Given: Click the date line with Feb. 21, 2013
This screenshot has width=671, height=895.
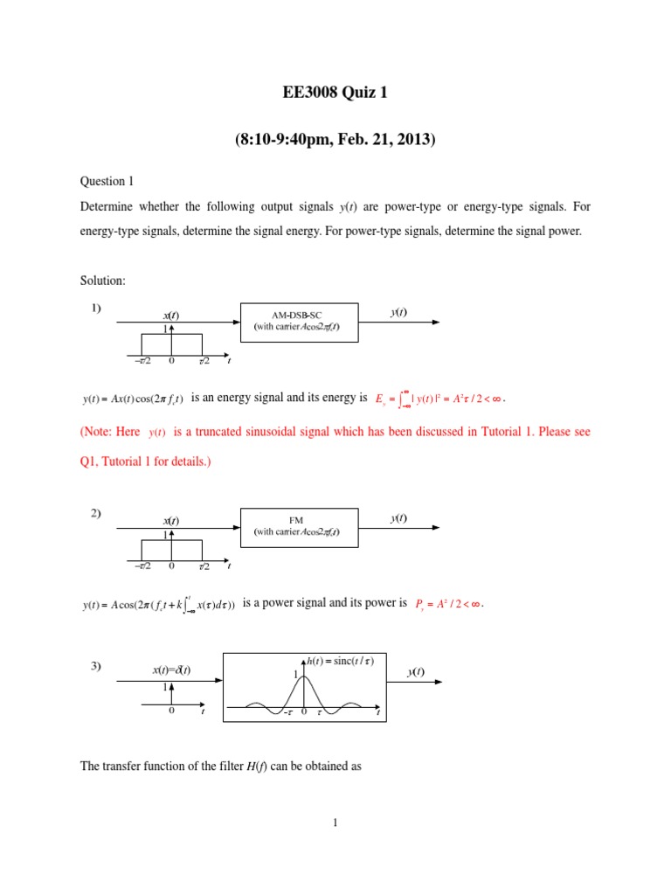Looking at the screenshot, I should click(x=335, y=139).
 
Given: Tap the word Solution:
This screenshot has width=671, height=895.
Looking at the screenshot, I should click(x=103, y=280).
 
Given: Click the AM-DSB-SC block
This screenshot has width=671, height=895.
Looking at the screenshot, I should click(x=298, y=320).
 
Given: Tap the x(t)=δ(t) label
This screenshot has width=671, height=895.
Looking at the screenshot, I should click(x=171, y=670).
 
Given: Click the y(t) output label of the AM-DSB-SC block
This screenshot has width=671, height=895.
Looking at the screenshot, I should click(x=398, y=312).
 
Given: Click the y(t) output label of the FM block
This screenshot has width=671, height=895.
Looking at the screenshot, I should click(x=398, y=518).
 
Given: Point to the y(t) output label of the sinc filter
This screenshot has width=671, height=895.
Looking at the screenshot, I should click(x=416, y=671).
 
